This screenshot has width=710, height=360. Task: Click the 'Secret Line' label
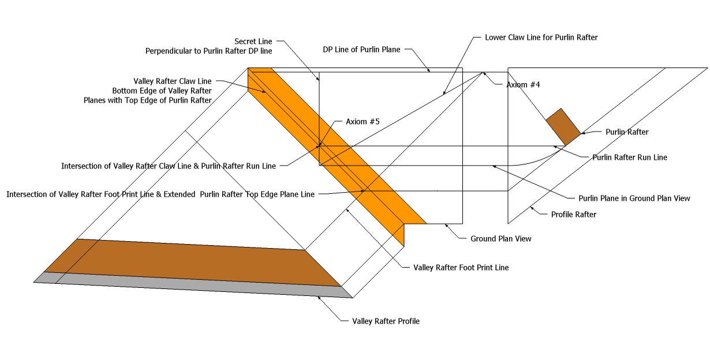point(253,42)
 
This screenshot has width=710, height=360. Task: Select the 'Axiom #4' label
point(522,85)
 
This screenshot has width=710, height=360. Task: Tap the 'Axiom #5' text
point(362,122)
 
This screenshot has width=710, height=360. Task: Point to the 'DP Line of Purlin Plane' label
point(361,50)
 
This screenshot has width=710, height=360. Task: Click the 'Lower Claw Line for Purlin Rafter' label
point(541,37)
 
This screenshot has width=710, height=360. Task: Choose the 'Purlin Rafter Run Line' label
point(630,157)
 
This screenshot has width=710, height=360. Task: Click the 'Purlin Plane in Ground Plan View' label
point(634,198)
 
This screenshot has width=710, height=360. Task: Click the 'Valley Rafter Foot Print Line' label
point(461,268)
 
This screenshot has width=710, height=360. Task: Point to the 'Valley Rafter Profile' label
point(386,321)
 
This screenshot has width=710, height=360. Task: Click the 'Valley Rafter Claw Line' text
point(173,81)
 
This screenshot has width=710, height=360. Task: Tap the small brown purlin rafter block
point(563,126)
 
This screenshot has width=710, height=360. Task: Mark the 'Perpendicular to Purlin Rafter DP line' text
point(208,51)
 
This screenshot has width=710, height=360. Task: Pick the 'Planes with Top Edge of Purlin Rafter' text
point(147,100)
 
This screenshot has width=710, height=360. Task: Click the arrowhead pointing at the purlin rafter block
point(582,133)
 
